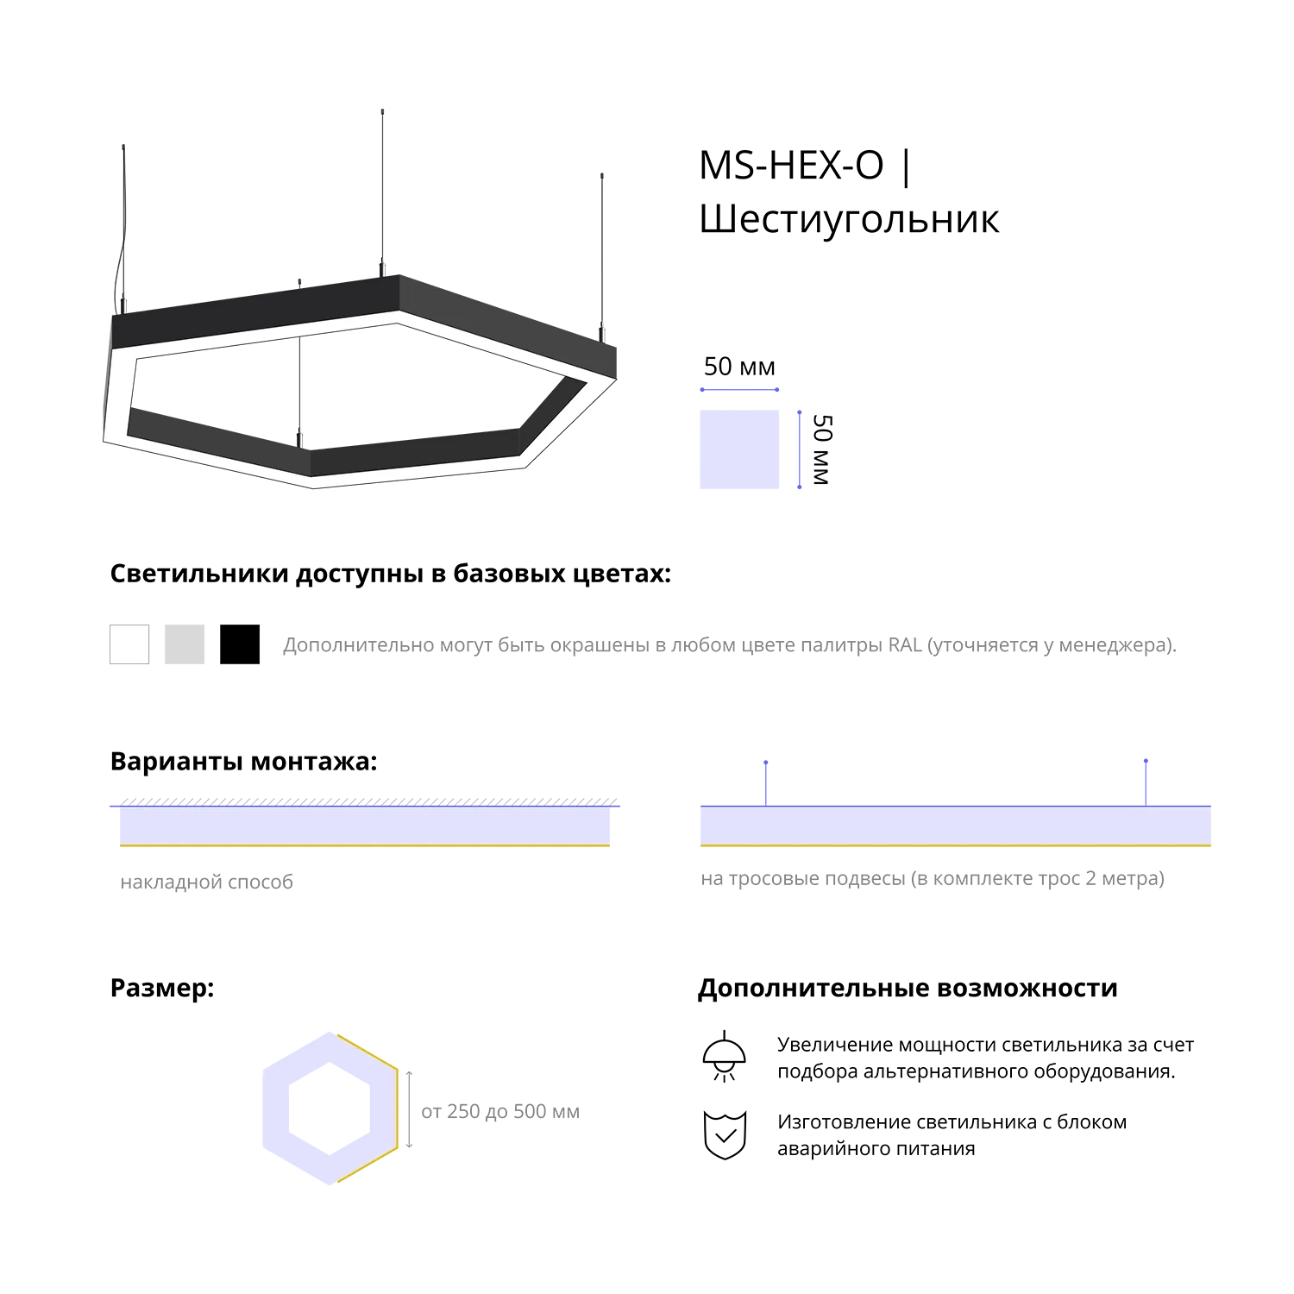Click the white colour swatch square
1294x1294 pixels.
(x=129, y=644)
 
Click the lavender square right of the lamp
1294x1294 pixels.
(x=744, y=449)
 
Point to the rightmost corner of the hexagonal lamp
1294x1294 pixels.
(x=614, y=379)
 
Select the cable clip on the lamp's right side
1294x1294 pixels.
(x=603, y=331)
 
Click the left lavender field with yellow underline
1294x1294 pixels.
(x=365, y=826)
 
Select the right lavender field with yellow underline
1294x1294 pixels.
(x=954, y=826)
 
